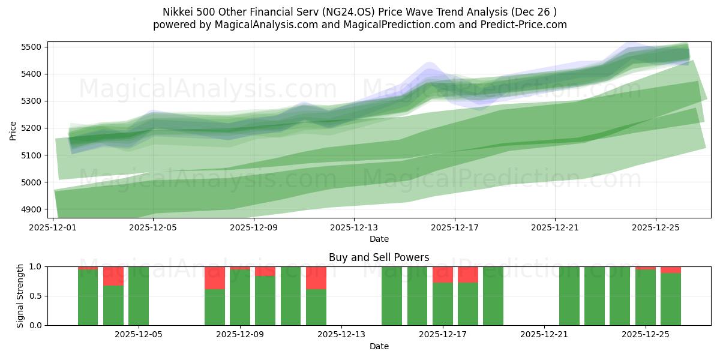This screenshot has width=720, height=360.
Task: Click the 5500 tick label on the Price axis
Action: pos(31,47)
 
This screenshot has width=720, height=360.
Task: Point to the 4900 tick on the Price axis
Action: pos(31,209)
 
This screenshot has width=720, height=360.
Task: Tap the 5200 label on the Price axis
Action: pos(31,128)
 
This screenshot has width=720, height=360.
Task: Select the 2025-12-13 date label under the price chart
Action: pos(354,227)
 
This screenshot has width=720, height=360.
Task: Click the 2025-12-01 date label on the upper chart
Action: pos(54,227)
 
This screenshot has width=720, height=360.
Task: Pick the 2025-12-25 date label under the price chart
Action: pos(655,227)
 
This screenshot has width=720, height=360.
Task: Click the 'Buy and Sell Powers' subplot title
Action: pos(379,257)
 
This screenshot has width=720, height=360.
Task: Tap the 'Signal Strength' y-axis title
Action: pos(20,296)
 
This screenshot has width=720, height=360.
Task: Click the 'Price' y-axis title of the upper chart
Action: pos(13,130)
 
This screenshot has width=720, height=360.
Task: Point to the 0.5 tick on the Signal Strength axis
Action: pos(35,296)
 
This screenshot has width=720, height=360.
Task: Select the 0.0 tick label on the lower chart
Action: pos(35,325)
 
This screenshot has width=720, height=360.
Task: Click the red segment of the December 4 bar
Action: pos(113,275)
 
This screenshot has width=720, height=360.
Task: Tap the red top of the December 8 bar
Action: pos(215,278)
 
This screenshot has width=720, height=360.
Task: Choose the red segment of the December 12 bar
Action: pos(316,278)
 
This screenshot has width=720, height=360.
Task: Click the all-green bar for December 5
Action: pos(139,296)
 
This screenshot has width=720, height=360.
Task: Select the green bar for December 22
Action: pos(569,296)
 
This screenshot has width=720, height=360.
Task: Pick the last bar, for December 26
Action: pos(671,298)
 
